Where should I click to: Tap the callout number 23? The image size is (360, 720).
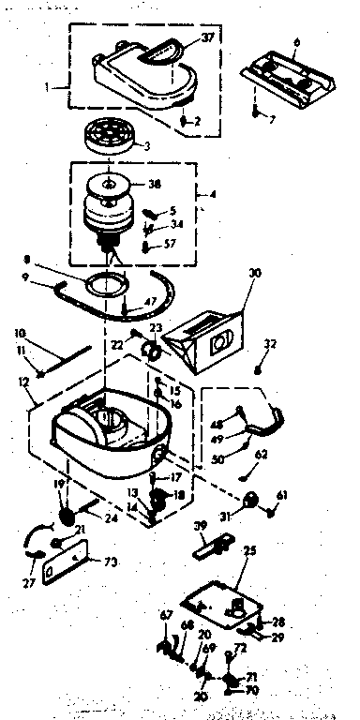[157, 328]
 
